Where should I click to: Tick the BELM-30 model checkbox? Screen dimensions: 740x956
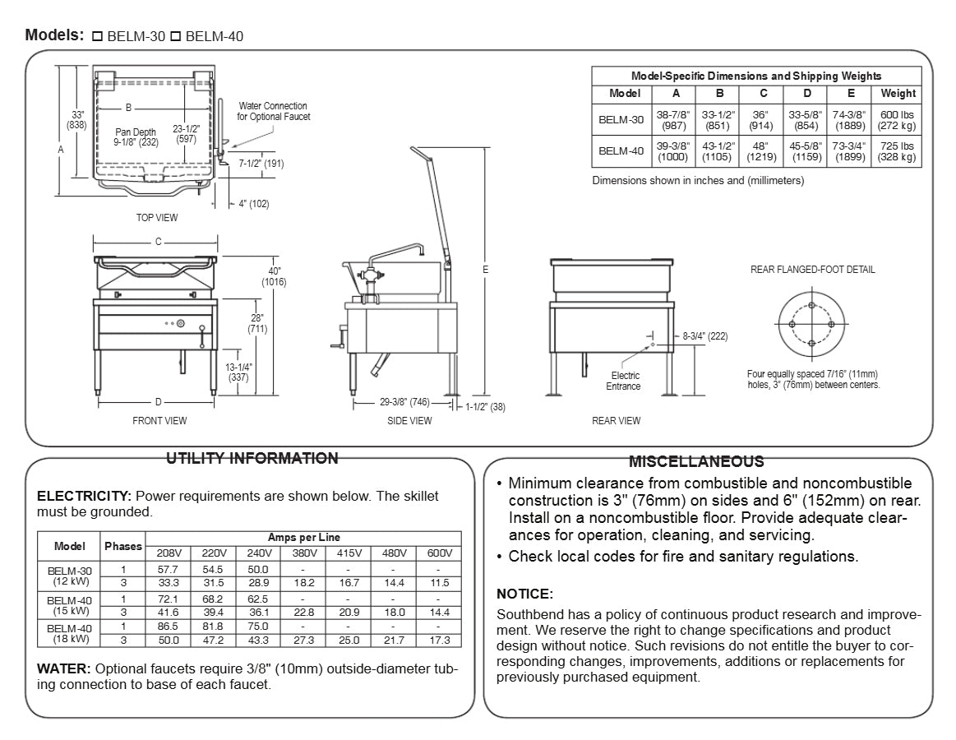coord(97,37)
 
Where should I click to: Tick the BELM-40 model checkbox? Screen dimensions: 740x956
coord(175,37)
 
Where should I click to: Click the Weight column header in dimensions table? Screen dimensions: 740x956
coord(898,94)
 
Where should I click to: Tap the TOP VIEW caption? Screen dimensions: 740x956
coord(157,218)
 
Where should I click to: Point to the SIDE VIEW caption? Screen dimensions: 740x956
coord(409,421)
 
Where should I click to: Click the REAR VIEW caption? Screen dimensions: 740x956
coord(616,421)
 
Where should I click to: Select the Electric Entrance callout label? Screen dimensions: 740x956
coord(623,381)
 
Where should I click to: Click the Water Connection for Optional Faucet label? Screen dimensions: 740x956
coord(273,111)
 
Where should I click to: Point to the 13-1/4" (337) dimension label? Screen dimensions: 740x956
coord(238,372)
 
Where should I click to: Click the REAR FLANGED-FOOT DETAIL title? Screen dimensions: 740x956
coord(812,270)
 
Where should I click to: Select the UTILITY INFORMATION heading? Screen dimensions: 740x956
coord(252,459)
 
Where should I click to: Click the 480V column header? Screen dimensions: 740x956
coord(394,553)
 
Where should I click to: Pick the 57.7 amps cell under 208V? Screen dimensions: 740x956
coord(168,569)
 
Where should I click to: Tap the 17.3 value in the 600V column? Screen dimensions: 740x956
coord(439,640)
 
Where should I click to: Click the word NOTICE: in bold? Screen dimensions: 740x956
coord(524,594)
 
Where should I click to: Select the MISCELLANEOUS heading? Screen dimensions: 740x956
coord(695,462)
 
